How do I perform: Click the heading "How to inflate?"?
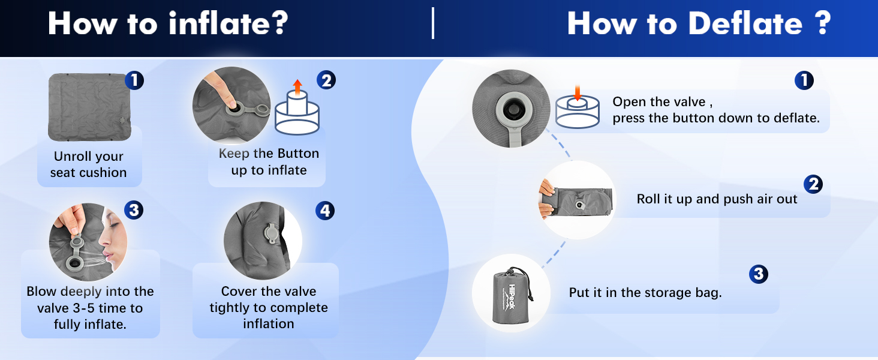pyautogui.click(x=168, y=23)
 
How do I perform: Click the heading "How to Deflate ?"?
pyautogui.click(x=699, y=23)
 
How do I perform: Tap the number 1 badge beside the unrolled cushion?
pyautogui.click(x=134, y=80)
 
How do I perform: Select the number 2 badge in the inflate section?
pyautogui.click(x=326, y=80)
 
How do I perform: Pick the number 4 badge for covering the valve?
pyautogui.click(x=325, y=211)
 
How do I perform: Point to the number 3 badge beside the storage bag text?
pyautogui.click(x=759, y=274)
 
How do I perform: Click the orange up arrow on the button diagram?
pyautogui.click(x=297, y=87)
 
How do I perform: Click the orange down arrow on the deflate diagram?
pyautogui.click(x=578, y=92)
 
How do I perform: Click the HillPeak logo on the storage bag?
pyautogui.click(x=512, y=296)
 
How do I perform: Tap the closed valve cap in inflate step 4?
pyautogui.click(x=271, y=234)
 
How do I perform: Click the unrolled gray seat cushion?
pyautogui.click(x=89, y=107)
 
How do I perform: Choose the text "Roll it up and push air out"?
pyautogui.click(x=717, y=199)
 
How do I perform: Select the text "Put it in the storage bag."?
pyautogui.click(x=645, y=293)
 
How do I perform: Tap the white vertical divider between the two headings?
pyautogui.click(x=433, y=23)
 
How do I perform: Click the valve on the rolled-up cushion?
pyautogui.click(x=579, y=205)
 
